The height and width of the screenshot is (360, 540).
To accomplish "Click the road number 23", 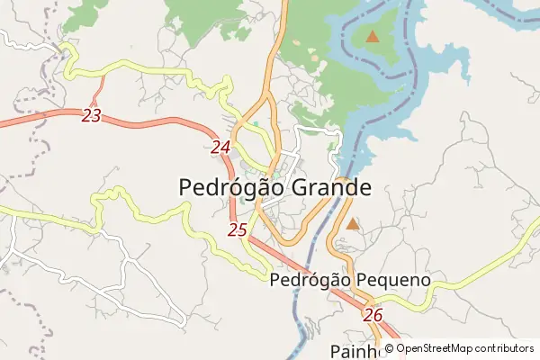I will [91, 115].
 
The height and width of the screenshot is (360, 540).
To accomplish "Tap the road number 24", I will [221, 147].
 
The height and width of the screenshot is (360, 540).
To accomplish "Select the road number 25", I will [238, 229].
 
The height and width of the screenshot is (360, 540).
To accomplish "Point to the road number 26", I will [373, 315].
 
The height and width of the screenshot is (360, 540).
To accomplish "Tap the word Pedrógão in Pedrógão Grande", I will [229, 188].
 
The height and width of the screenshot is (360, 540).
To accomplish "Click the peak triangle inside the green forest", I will [372, 37].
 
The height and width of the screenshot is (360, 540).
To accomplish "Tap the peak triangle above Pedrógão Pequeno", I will [353, 222].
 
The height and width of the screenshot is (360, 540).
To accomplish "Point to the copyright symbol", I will [389, 348].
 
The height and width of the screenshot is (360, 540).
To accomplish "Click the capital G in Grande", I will [297, 188].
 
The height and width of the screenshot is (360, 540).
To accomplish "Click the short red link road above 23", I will [98, 88].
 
